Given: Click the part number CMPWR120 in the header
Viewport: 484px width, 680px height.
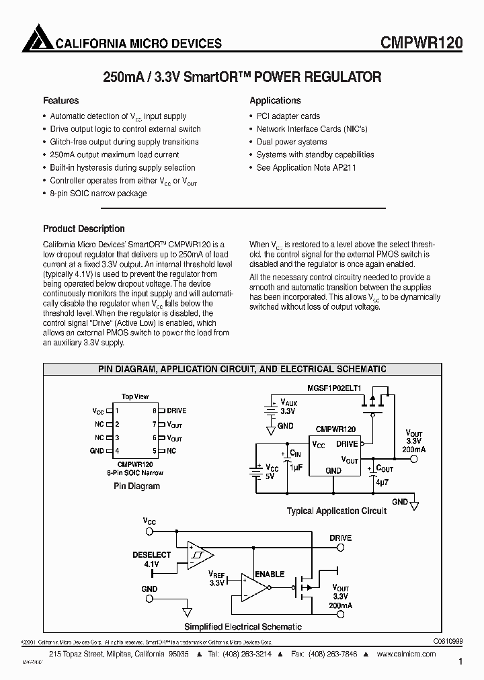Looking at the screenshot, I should pos(421,42).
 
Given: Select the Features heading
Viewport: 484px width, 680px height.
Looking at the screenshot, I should pos(61,101).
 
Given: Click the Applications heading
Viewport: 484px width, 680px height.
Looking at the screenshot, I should pos(275,101).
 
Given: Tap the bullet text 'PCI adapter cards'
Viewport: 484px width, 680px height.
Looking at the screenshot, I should pos(288,116).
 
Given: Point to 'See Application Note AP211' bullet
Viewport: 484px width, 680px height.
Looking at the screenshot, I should pos(302,167).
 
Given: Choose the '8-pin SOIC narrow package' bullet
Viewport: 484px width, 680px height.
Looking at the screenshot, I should pos(98,194).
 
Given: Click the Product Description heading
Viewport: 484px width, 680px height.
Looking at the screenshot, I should pos(83,228).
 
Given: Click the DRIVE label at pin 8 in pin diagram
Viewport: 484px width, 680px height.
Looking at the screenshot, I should pos(176,411).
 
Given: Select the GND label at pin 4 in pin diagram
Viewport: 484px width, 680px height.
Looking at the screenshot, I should pos(97,451).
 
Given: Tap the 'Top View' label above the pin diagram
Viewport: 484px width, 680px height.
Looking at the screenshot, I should pos(135,396).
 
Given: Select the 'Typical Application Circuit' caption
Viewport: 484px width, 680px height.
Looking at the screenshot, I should pos(337,511).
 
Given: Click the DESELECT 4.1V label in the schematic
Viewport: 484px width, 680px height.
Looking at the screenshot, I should pos(153,560).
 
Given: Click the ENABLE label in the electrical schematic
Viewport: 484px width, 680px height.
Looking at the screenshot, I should pos(269,575).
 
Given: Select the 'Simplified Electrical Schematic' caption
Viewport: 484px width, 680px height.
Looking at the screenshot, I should pos(243,627).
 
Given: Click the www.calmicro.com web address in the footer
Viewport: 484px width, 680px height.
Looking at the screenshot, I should pos(407,654).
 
